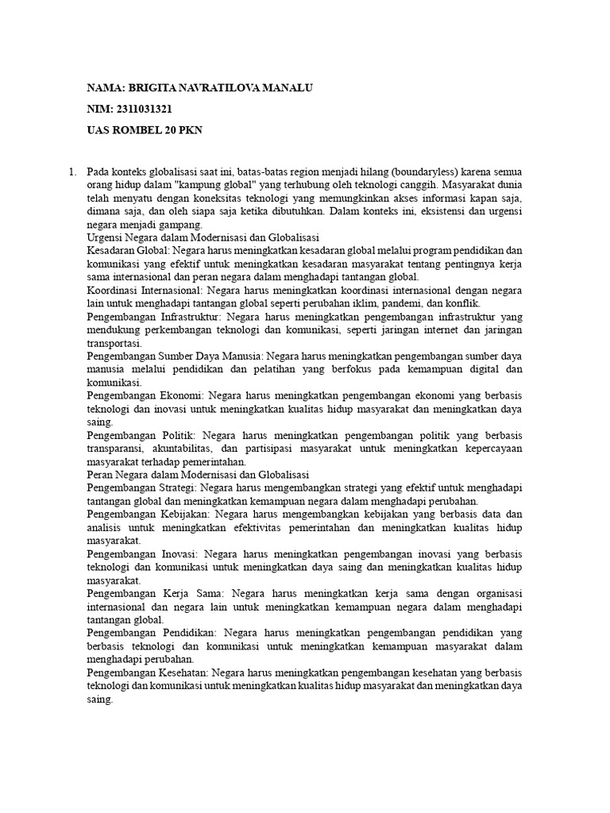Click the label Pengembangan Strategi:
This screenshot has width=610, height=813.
pos(141,488)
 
